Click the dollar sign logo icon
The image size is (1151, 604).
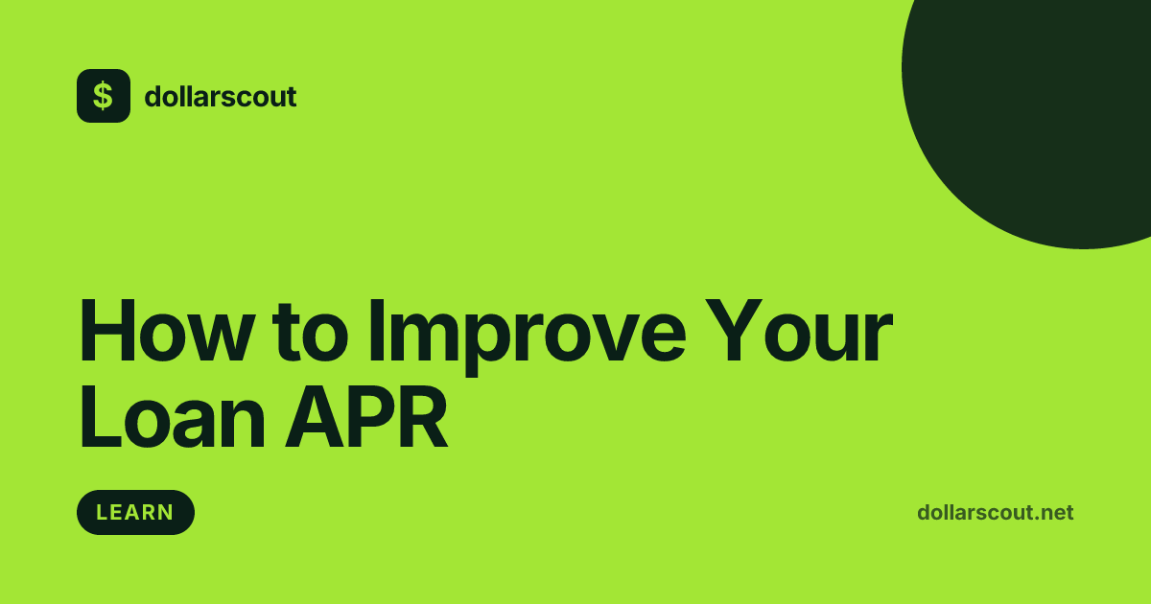coord(104,96)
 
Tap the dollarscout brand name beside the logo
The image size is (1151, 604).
coord(220,97)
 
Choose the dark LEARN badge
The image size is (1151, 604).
coord(135,512)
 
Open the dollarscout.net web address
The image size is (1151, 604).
coord(995,513)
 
